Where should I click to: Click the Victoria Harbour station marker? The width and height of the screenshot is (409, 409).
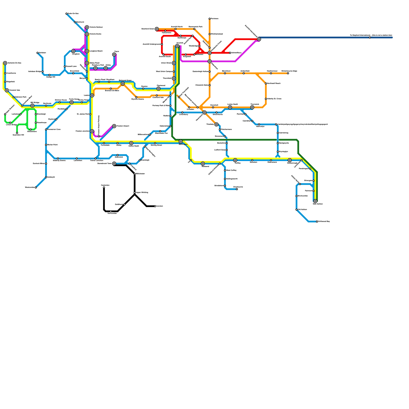tap(87, 27)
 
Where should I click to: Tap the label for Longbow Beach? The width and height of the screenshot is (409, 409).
tap(96, 51)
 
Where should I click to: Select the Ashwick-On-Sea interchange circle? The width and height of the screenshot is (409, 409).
tap(5, 63)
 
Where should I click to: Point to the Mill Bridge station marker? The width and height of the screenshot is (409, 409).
tap(32, 106)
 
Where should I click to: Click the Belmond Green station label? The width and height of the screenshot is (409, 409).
tap(125, 81)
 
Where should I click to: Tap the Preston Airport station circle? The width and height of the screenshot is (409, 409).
tap(114, 126)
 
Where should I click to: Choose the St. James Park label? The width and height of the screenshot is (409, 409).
tap(83, 114)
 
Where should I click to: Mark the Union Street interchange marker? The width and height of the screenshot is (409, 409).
tap(174, 63)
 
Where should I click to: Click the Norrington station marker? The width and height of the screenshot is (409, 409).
tap(181, 141)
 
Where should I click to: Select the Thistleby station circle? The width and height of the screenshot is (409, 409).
tap(217, 124)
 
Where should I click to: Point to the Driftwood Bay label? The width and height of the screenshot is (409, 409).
tap(324, 221)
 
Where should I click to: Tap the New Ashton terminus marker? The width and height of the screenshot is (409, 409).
tap(315, 201)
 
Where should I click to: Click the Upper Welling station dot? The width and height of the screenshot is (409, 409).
tap(135, 192)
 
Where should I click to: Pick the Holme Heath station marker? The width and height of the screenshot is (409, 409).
tap(131, 143)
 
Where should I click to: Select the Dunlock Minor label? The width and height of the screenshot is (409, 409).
tap(39, 163)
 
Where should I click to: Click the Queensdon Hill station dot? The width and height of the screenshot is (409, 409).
tap(17, 133)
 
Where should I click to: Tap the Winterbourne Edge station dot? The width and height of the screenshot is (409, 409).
tap(288, 73)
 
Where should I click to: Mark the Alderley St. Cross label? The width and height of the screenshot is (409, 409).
tap(274, 99)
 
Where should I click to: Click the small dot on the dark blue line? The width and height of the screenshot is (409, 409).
tap(370, 38)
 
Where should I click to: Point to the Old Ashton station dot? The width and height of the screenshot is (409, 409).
tap(297, 210)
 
